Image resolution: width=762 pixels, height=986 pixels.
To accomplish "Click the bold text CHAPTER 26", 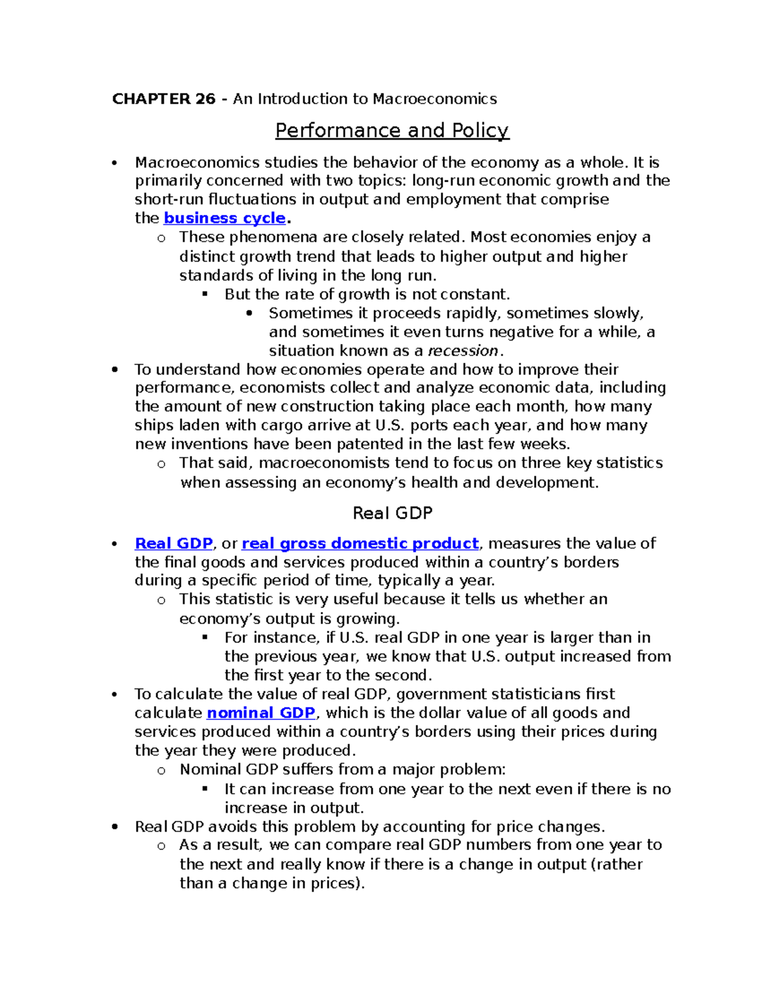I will [x=164, y=99].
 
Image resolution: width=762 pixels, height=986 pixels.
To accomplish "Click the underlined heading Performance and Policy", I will [x=392, y=131].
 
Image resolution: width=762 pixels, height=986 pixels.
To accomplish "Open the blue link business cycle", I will [x=225, y=218].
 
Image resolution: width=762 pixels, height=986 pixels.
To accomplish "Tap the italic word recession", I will [x=463, y=351].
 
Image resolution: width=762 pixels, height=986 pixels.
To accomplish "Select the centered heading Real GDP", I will [x=392, y=513].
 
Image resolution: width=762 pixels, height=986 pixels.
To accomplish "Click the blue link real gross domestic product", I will [x=360, y=544].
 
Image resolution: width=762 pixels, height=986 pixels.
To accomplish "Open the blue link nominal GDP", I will [x=261, y=713].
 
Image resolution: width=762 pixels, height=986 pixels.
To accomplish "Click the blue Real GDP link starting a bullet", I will [x=173, y=544].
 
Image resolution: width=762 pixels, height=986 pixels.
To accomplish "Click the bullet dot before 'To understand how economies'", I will [x=115, y=370].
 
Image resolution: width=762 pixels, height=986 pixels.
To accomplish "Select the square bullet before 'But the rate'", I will [x=204, y=295].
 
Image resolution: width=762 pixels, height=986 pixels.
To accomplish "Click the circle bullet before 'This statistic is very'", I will [x=161, y=601].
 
